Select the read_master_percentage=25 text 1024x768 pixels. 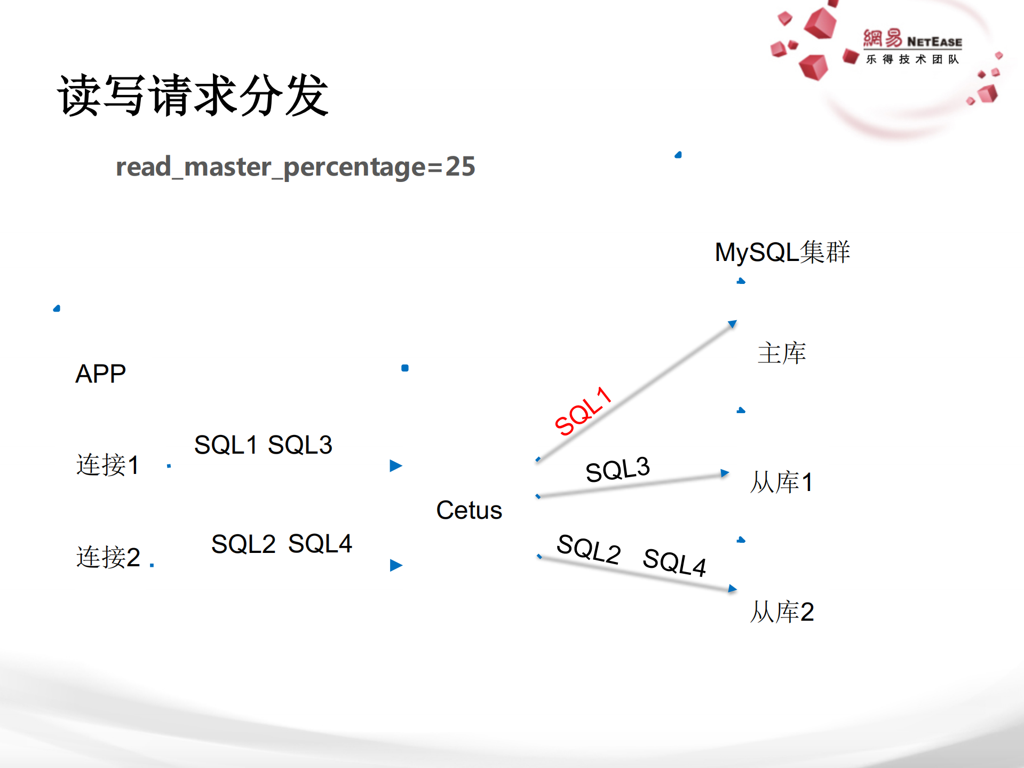tap(295, 167)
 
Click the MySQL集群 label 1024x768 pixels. tap(782, 252)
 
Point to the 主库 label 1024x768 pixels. tap(782, 353)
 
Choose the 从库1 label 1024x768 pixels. tap(782, 482)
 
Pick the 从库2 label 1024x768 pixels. tap(782, 612)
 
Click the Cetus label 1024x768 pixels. tap(469, 510)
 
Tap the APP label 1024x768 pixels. tap(100, 374)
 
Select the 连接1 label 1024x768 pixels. tap(107, 464)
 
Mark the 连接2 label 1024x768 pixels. tap(108, 557)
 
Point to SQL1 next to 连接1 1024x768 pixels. tap(226, 445)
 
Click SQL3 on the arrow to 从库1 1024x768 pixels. tap(617, 470)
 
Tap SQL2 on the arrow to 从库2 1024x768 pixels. tap(589, 549)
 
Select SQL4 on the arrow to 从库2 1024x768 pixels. tap(674, 562)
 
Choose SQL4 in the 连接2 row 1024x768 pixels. tap(320, 544)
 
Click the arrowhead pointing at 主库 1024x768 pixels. tap(732, 324)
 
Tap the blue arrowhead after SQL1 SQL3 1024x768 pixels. tap(395, 466)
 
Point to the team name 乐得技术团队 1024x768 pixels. tap(912, 59)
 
